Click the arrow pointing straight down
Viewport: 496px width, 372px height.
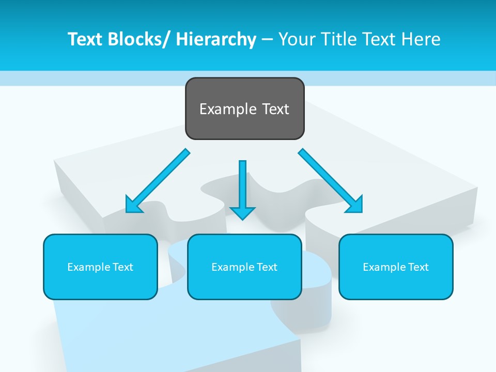click(x=242, y=186)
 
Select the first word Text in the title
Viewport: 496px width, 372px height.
click(x=85, y=40)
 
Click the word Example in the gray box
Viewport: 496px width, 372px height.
click(x=227, y=110)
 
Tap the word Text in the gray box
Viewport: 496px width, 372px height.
click(x=275, y=110)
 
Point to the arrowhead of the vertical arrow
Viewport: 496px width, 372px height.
click(x=242, y=212)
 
